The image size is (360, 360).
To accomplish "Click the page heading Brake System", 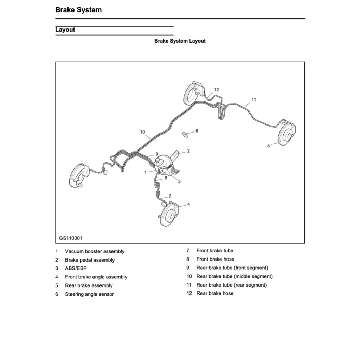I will (x=78, y=10).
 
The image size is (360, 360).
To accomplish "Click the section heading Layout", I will (x=65, y=30).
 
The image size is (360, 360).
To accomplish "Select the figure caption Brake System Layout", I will (x=180, y=41).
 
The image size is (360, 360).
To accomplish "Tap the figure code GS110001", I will (x=71, y=238).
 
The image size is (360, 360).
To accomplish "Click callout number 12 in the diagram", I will (x=216, y=90).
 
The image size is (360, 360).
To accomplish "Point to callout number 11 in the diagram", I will (x=254, y=99).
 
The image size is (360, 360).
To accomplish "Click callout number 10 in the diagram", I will (x=142, y=132).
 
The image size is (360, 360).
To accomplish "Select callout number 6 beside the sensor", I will (x=197, y=131).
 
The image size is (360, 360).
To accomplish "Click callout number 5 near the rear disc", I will (x=268, y=146).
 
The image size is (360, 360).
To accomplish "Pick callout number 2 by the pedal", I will (x=188, y=151).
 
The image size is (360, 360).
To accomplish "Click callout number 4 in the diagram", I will (x=188, y=204).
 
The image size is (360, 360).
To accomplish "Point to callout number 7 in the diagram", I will (x=170, y=196).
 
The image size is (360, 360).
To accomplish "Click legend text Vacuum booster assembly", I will (x=95, y=251).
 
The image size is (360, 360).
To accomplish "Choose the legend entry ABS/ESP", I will (x=76, y=268).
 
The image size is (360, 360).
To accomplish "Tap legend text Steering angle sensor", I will (x=89, y=294).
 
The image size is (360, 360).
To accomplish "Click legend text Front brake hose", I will (x=215, y=259).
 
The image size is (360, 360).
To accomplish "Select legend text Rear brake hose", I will (x=215, y=293).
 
